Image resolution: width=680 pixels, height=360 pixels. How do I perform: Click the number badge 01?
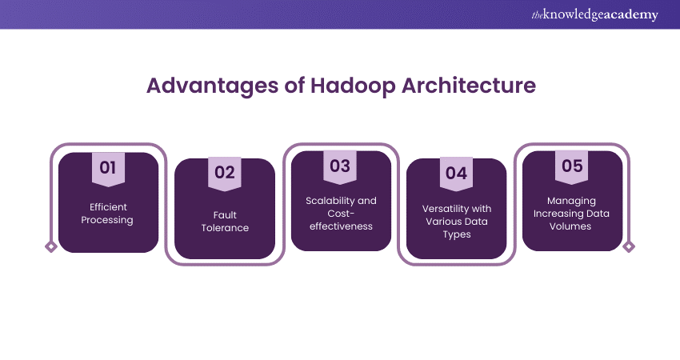pyautogui.click(x=108, y=168)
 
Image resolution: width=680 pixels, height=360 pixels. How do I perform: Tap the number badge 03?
pyautogui.click(x=340, y=166)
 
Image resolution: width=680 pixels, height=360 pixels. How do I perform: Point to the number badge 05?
pyautogui.click(x=572, y=166)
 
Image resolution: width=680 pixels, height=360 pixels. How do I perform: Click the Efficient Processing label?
pyautogui.click(x=108, y=214)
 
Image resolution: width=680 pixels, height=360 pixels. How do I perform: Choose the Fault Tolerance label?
pyautogui.click(x=224, y=221)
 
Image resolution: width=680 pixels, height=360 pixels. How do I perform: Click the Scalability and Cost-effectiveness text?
pyautogui.click(x=340, y=213)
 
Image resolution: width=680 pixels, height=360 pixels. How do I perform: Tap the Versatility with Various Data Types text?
pyautogui.click(x=456, y=221)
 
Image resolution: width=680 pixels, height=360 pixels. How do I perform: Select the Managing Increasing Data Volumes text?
pyautogui.click(x=572, y=214)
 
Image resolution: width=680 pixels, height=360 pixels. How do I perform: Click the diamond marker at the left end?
pyautogui.click(x=51, y=247)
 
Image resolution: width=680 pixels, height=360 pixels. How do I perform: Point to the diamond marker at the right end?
pyautogui.click(x=629, y=247)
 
